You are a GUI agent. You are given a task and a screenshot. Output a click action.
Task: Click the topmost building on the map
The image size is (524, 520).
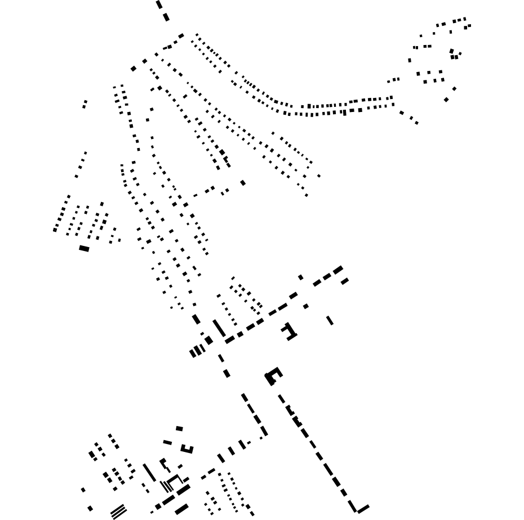point(159,5)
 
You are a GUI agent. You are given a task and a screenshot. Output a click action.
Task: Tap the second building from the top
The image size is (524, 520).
point(166,17)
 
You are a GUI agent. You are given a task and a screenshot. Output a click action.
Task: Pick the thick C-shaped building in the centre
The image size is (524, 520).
point(273,375)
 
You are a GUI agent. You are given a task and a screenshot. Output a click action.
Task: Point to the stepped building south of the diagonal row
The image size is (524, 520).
point(289,331)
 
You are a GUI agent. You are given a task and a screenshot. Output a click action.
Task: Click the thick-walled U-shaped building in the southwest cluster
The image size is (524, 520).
point(186,449)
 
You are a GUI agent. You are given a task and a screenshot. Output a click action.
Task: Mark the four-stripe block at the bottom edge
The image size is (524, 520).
point(118,512)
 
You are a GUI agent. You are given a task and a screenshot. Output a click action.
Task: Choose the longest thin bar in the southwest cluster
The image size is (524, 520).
point(149,472)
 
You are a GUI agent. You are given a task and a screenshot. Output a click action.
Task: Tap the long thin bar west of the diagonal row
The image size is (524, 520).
point(219,328)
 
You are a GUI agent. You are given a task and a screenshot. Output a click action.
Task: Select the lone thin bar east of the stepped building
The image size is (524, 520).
point(330,320)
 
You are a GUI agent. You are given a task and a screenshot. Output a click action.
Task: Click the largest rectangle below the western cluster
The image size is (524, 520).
point(84,248)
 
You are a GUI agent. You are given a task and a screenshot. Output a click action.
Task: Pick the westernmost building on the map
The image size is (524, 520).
point(55,230)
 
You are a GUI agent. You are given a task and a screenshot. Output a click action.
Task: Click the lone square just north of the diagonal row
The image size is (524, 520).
point(301,277)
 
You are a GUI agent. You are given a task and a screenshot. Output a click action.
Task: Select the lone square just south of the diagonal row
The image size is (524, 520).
point(306,306)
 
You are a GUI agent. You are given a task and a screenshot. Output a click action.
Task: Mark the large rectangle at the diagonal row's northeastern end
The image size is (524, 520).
point(338,270)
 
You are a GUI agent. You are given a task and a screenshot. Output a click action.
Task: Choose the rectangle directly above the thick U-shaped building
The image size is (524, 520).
point(179,428)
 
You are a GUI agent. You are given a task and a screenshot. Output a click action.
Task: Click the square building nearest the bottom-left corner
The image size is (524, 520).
point(90,508)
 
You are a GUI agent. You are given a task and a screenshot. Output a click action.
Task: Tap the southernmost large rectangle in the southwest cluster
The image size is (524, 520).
point(181,509)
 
